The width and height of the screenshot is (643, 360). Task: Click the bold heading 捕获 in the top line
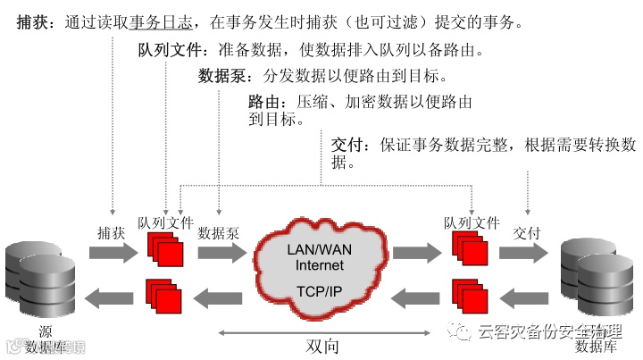tap(34, 21)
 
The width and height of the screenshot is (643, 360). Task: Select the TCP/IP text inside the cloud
tap(320, 291)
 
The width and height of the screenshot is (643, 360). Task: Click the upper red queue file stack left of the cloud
tap(162, 249)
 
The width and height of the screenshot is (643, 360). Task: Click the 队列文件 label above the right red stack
tap(471, 223)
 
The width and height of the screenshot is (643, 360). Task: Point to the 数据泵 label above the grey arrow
tap(219, 232)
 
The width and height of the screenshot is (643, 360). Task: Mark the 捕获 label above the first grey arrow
tap(111, 232)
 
